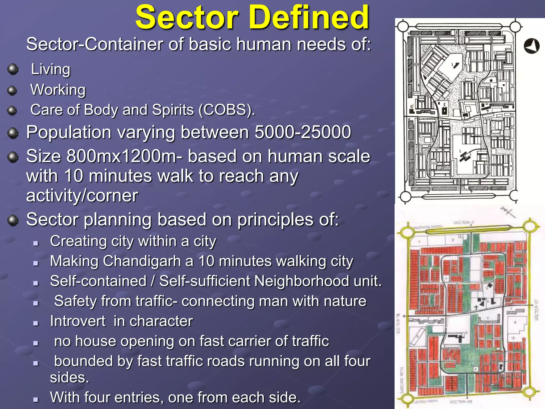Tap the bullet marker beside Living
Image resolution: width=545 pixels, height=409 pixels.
tap(13, 69)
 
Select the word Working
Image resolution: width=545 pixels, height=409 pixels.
tap(58, 90)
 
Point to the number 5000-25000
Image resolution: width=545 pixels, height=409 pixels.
tap(303, 132)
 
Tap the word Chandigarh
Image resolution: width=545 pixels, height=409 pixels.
tap(142, 261)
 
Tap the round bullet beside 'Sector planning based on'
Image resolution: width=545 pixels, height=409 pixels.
tap(13, 220)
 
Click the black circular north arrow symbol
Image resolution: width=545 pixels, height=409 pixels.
tap(531, 46)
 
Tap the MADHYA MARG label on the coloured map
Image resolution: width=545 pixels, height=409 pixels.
tap(428, 227)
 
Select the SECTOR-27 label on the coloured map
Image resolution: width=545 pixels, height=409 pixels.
tap(536, 310)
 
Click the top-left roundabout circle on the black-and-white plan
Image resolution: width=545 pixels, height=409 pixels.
tap(403, 26)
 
